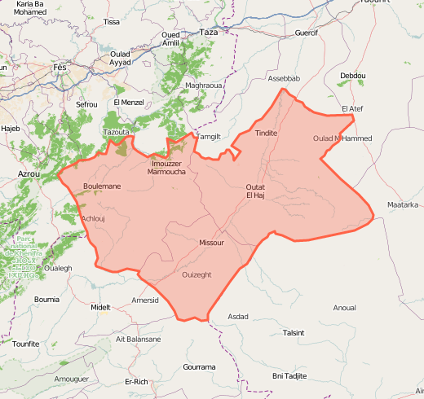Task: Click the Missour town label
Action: pyautogui.click(x=211, y=243)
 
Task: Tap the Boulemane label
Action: pyautogui.click(x=102, y=186)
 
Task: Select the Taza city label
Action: pyautogui.click(x=210, y=32)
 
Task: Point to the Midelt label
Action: pyautogui.click(x=100, y=307)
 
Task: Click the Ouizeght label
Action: pyautogui.click(x=197, y=274)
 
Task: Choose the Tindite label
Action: pyautogui.click(x=266, y=133)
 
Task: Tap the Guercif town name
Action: pyautogui.click(x=307, y=33)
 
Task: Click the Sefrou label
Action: pyautogui.click(x=86, y=105)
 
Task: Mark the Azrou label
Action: pyautogui.click(x=29, y=174)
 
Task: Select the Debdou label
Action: pyautogui.click(x=353, y=76)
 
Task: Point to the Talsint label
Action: pyautogui.click(x=293, y=332)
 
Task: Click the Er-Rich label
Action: pyautogui.click(x=136, y=381)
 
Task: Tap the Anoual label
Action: pyautogui.click(x=344, y=308)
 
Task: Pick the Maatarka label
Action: pyautogui.click(x=403, y=204)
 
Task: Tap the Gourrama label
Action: pyautogui.click(x=200, y=367)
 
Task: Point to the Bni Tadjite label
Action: pyautogui.click(x=289, y=375)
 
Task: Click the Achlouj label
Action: pyautogui.click(x=95, y=218)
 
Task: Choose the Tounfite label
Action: pyautogui.click(x=26, y=344)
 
